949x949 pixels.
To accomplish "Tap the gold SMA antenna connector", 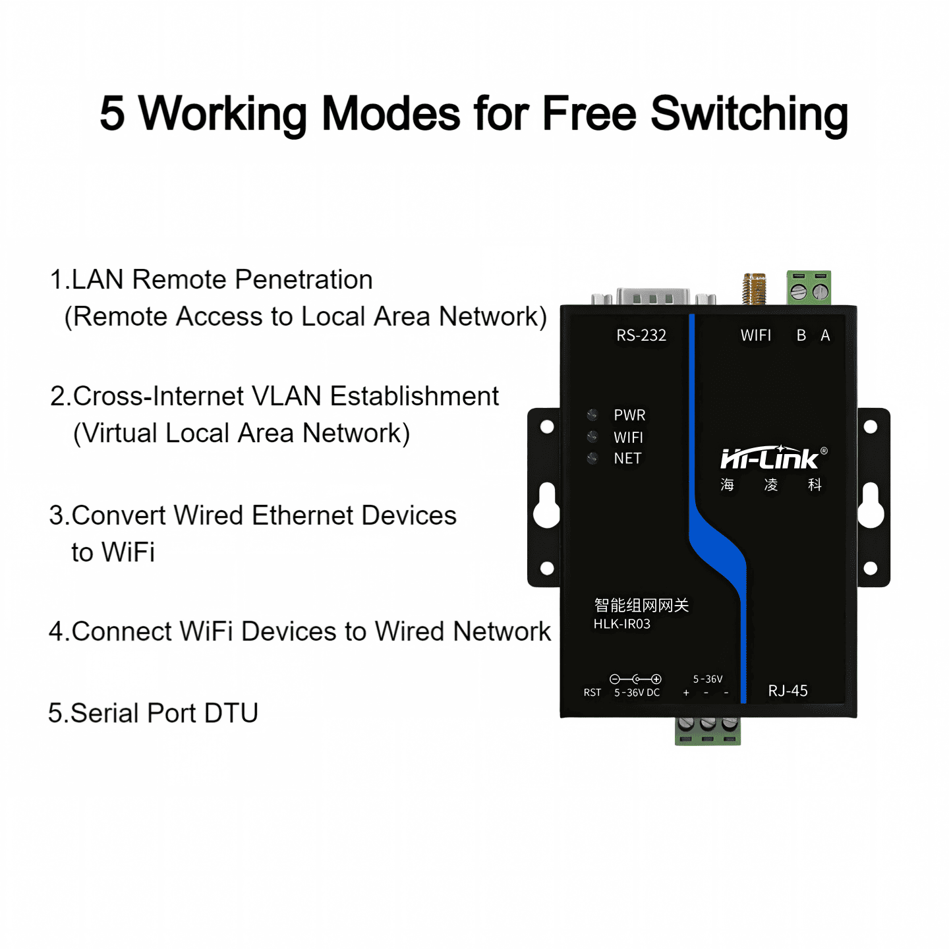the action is coord(754,289).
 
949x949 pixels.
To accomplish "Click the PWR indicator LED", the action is coord(592,414).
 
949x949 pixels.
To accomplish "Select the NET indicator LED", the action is coord(592,458).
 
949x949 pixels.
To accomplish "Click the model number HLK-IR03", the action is coord(621,624).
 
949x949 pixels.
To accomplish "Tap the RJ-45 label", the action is coord(788,691).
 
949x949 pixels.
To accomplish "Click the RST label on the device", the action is coord(592,693).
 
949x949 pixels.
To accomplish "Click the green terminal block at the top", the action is coord(809,288).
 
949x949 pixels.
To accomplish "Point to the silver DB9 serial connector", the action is coord(653,297).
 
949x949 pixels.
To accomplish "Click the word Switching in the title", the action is coord(749,115).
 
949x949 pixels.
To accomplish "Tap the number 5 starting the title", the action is coord(112,114).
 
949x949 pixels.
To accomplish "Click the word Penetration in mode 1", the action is coord(303,279).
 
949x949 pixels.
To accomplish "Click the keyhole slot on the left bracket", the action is coord(547,505).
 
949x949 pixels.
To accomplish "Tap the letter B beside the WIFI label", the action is coord(801,335).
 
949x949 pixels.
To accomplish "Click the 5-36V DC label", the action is coord(637,693).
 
